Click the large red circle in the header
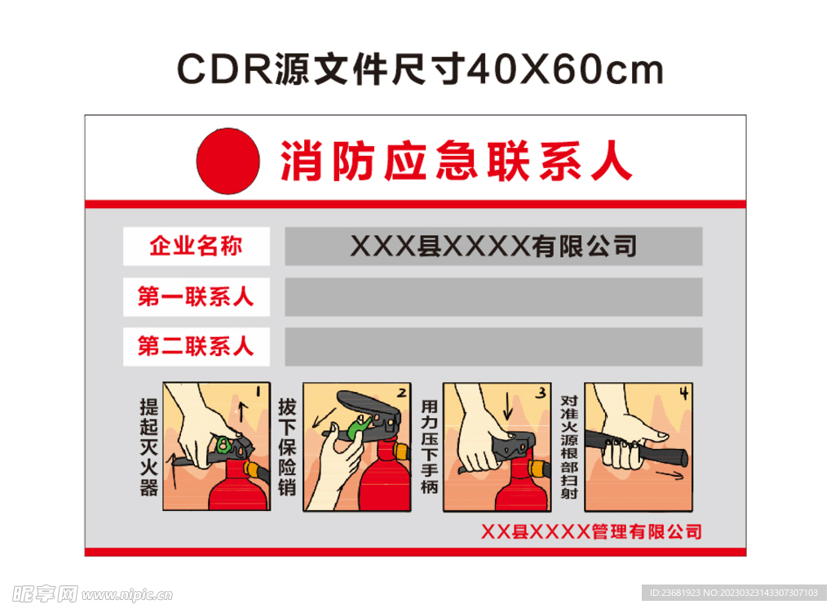point(228,160)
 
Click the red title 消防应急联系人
point(456,161)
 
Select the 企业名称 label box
point(196,247)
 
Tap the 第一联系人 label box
point(196,296)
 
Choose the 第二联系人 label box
point(196,346)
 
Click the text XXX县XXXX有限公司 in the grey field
point(493,246)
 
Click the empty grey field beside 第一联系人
point(493,296)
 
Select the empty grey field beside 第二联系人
point(493,346)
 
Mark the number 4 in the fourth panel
point(683,393)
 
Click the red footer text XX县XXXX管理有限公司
point(591,532)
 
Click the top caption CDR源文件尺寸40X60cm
point(420,71)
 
